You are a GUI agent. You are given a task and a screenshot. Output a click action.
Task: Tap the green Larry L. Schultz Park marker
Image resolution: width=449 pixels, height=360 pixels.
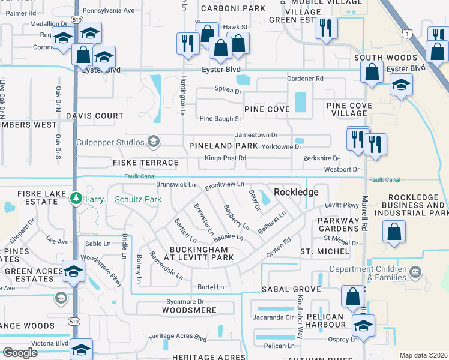click(x=76, y=197)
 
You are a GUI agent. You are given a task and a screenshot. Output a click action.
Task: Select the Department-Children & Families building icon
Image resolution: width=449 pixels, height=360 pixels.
click(x=414, y=273)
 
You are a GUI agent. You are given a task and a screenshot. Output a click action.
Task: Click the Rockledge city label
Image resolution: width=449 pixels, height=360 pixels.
click(x=295, y=191)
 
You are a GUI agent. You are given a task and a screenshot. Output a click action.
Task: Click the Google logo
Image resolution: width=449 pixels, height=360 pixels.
click(x=20, y=353)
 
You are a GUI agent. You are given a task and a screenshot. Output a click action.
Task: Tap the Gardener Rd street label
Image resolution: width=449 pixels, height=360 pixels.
click(x=305, y=79)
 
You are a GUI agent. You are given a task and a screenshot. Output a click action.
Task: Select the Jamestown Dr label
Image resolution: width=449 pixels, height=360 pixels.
click(x=256, y=135)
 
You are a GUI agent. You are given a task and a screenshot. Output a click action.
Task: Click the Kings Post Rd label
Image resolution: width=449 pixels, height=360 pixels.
click(x=226, y=158)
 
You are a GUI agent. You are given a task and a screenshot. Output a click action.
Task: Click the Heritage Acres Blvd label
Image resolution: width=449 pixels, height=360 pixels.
click(x=178, y=337)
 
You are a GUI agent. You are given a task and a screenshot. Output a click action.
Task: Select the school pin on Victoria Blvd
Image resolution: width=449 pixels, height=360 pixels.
click(x=81, y=349)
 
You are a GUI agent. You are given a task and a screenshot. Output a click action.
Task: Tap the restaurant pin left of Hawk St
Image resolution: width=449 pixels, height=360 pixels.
click(x=187, y=43)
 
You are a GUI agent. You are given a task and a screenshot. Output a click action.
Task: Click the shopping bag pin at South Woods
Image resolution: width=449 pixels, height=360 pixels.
click(x=372, y=72)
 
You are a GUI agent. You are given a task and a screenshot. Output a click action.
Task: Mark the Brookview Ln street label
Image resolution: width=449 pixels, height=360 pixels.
click(x=224, y=185)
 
